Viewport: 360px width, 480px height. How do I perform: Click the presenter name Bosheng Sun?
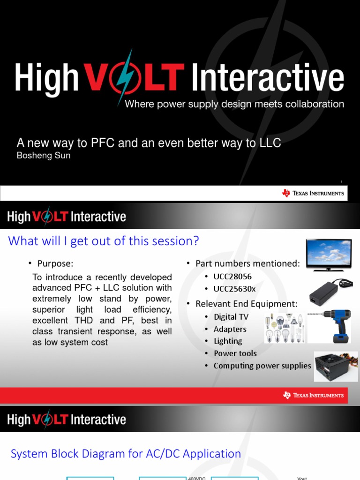pyautogui.click(x=44, y=156)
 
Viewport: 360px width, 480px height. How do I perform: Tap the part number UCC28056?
pyautogui.click(x=232, y=277)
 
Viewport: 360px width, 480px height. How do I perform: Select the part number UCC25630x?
pyautogui.click(x=234, y=289)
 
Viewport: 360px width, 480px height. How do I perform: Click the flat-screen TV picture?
pyautogui.click(x=329, y=255)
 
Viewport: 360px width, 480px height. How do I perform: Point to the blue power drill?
pyautogui.click(x=333, y=325)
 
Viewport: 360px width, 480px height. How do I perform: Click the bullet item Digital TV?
pyautogui.click(x=231, y=317)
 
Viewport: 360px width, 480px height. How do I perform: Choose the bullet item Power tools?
pyautogui.click(x=235, y=353)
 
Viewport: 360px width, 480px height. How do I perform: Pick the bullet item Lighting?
pyautogui.click(x=228, y=341)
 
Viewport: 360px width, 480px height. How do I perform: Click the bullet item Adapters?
pyautogui.click(x=230, y=329)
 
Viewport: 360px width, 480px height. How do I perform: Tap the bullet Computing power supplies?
pyautogui.click(x=262, y=366)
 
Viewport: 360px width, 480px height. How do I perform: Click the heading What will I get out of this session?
pyautogui.click(x=104, y=241)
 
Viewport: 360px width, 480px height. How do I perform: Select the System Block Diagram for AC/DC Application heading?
pyautogui.click(x=126, y=454)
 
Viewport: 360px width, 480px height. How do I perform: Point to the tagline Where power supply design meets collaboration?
pyautogui.click(x=234, y=104)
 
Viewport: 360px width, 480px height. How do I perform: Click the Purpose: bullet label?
pyautogui.click(x=55, y=263)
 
